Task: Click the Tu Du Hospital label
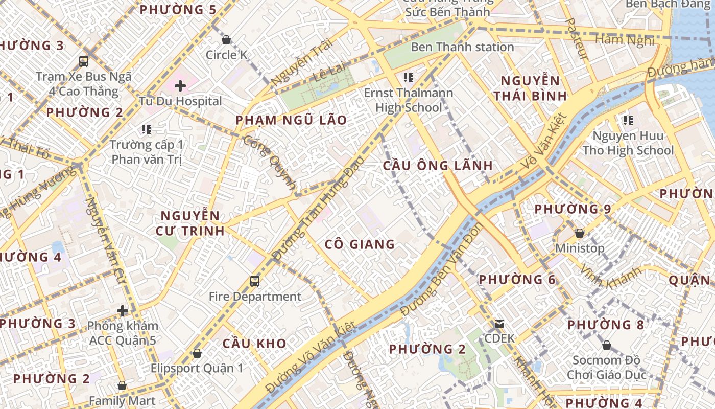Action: coord(180,101)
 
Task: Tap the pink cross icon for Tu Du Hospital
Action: coord(180,86)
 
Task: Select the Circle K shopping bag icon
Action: coord(226,40)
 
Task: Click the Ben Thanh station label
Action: coord(462,47)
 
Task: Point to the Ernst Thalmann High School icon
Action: coord(408,78)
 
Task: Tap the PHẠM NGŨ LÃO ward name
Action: coord(291,121)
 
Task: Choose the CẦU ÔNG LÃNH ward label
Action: coord(438,166)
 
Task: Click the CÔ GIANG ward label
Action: coord(360,244)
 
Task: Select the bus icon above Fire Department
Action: coord(254,281)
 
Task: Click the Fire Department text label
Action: coord(255,297)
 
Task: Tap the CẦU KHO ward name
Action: coord(254,344)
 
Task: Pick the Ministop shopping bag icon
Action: coord(580,233)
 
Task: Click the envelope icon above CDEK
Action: coord(499,323)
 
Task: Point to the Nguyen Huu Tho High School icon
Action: coord(628,121)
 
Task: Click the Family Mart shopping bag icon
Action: coord(122,385)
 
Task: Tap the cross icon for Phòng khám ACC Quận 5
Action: coord(122,310)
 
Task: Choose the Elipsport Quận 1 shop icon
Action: coord(197,353)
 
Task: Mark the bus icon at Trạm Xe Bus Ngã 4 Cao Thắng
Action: coord(84,61)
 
